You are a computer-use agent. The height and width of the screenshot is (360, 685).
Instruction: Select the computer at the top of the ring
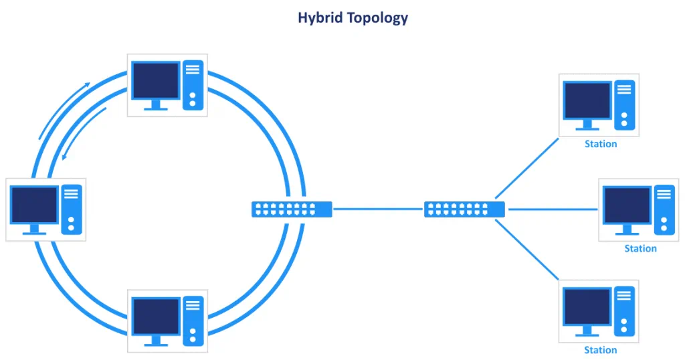tap(167, 86)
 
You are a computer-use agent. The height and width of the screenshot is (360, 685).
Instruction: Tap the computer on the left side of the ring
tap(45, 209)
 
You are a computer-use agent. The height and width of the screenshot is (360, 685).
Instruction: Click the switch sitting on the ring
tap(292, 209)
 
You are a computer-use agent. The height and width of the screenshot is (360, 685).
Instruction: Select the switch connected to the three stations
tap(464, 209)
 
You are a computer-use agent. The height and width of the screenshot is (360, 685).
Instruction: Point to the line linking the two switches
tap(378, 209)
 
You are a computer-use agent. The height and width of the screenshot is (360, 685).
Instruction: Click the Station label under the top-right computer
tap(600, 144)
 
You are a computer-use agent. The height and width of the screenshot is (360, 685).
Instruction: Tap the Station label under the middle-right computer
tap(640, 248)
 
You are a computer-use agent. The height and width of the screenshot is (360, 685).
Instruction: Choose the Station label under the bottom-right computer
tap(600, 350)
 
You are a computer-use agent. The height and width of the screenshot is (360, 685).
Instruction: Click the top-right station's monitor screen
tap(587, 100)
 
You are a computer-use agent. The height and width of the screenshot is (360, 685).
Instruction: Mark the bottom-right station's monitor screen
tap(587, 306)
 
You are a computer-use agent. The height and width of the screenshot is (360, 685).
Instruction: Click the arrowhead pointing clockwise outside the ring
tap(86, 85)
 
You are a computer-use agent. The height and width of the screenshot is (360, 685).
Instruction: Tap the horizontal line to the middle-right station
tap(552, 209)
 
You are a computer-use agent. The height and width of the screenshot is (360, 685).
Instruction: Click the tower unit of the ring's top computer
tap(192, 86)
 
